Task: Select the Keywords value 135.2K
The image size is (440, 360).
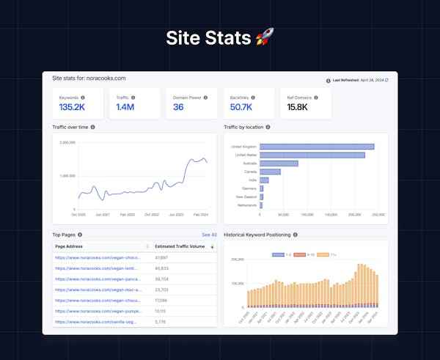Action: pyautogui.click(x=71, y=107)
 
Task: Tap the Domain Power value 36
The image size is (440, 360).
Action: pyautogui.click(x=178, y=107)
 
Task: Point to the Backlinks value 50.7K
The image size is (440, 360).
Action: pyautogui.click(x=241, y=107)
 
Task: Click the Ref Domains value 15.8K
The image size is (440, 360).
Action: pyautogui.click(x=297, y=107)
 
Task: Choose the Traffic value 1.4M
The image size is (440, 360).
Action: pyautogui.click(x=124, y=107)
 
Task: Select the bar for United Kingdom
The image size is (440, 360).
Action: pyautogui.click(x=317, y=147)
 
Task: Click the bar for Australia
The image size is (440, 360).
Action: pyautogui.click(x=279, y=164)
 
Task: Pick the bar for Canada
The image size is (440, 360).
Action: pyautogui.click(x=270, y=172)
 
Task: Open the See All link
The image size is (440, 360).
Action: pyautogui.click(x=209, y=235)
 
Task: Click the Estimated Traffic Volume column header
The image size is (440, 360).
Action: pyautogui.click(x=180, y=246)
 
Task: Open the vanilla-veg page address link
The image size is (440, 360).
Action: pyautogui.click(x=95, y=322)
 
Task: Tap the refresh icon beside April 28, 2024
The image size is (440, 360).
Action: pyautogui.click(x=386, y=80)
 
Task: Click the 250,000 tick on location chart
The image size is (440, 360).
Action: pyautogui.click(x=378, y=215)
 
